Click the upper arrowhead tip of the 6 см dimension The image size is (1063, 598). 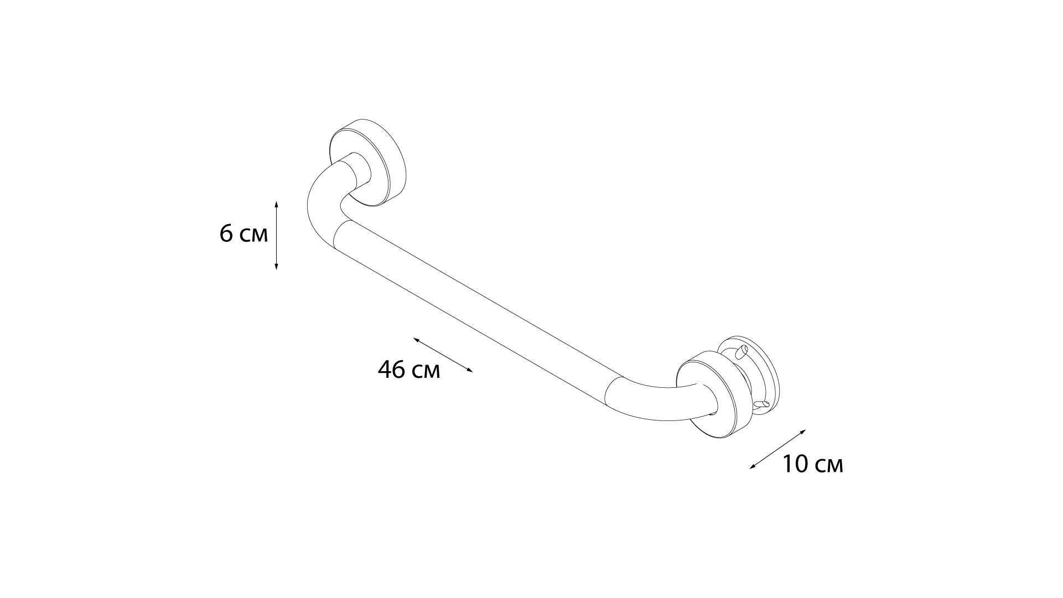click(276, 201)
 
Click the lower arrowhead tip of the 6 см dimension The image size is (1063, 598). click(276, 270)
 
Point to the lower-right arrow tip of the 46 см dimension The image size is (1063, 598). click(473, 372)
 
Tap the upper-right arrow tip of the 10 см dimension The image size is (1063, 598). click(806, 429)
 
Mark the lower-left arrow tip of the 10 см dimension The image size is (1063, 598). click(749, 469)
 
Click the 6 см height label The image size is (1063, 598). click(243, 234)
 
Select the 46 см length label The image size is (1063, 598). click(409, 370)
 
